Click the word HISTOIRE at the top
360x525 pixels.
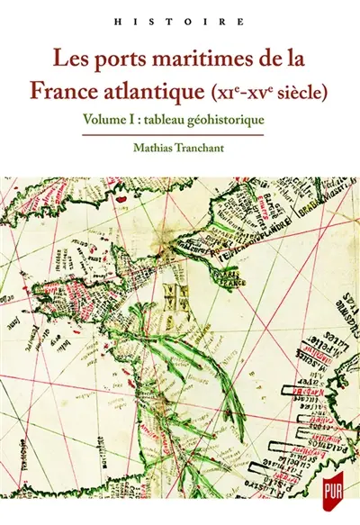tap(180, 18)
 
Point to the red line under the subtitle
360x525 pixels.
tap(180, 133)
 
